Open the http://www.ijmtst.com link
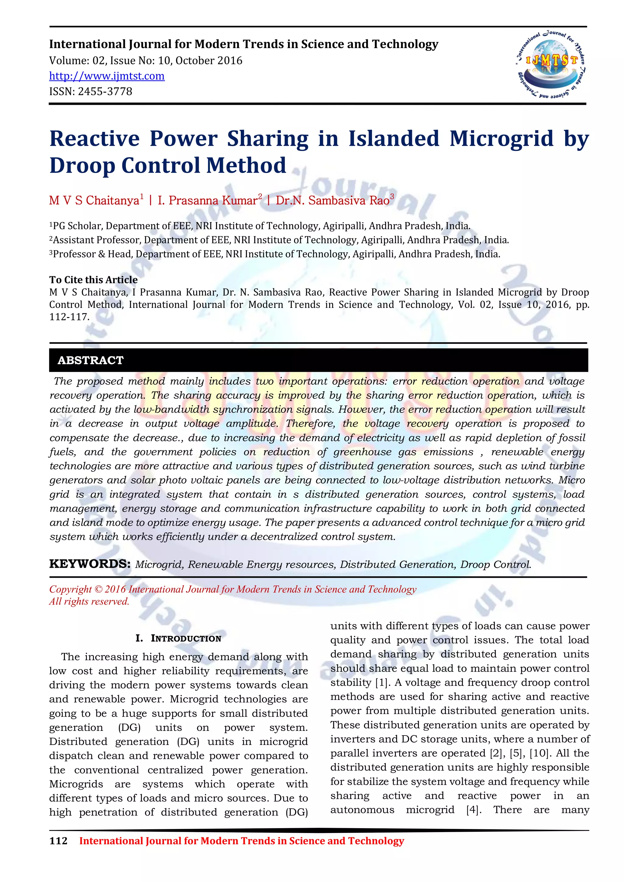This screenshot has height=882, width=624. [107, 76]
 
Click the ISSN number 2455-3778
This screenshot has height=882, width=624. [105, 91]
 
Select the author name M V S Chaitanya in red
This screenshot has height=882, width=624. [94, 200]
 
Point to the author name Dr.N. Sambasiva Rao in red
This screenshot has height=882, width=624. [333, 200]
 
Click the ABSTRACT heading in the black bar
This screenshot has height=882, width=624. [91, 360]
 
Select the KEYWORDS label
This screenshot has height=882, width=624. [90, 564]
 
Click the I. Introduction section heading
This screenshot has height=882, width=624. [178, 638]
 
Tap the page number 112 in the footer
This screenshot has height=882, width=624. [58, 841]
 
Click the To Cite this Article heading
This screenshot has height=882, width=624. [93, 280]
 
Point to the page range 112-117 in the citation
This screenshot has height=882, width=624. [69, 317]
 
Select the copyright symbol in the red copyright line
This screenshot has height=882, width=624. [98, 589]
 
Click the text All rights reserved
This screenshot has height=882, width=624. [89, 602]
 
